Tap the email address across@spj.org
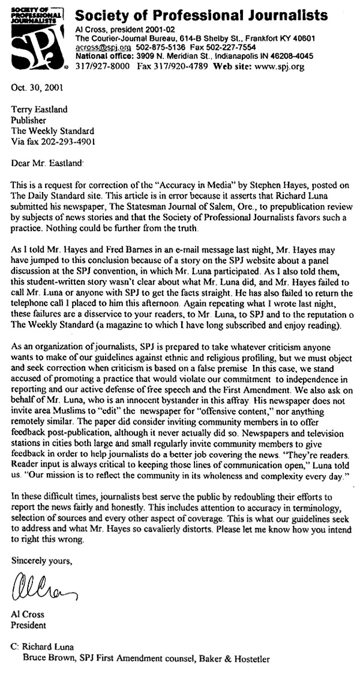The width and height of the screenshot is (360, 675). (101, 47)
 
